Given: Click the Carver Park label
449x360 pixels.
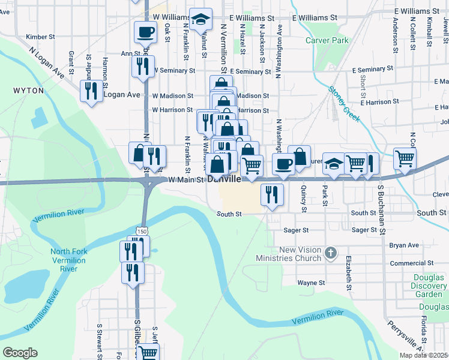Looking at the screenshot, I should click(x=327, y=41).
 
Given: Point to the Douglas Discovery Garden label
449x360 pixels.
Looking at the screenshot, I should click(x=429, y=286).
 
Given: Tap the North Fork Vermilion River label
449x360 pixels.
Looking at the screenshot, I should click(x=68, y=260).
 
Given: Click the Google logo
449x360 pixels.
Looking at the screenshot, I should click(x=20, y=353).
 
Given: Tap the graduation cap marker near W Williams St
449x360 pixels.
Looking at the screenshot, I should click(x=201, y=20).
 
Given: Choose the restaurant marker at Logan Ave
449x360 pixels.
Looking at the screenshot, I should click(x=91, y=91).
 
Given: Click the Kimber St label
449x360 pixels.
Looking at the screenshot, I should click(x=40, y=37).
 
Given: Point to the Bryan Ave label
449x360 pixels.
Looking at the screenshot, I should click(x=404, y=245).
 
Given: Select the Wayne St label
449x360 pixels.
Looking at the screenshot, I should click(x=311, y=283).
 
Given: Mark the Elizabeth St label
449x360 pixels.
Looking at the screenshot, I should click(x=348, y=274).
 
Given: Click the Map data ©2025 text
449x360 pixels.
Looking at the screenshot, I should click(x=424, y=355).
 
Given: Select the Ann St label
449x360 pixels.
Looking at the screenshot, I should click(x=130, y=53).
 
